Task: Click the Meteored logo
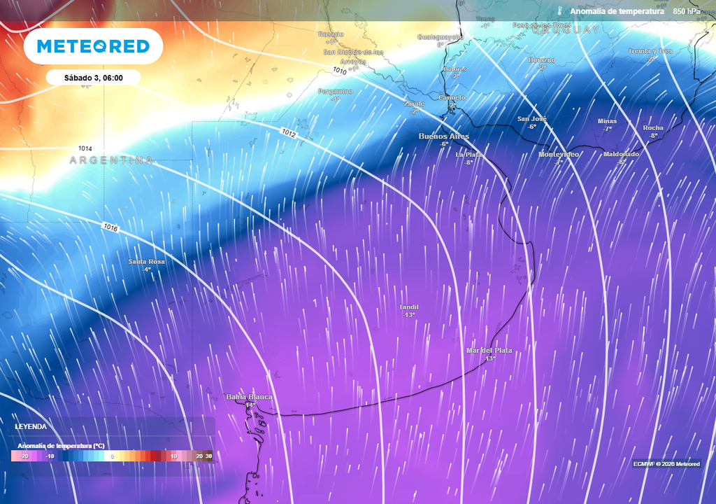(x=93, y=46)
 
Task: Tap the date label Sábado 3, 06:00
(x=94, y=78)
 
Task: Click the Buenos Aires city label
(x=443, y=136)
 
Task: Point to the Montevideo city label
(x=559, y=154)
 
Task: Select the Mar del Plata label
(x=489, y=350)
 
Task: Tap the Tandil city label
(x=409, y=307)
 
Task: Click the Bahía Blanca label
(x=249, y=398)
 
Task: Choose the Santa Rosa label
(x=147, y=262)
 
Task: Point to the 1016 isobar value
(x=110, y=227)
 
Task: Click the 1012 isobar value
(x=290, y=132)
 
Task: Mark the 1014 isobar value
(x=85, y=148)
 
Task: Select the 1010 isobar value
(x=340, y=71)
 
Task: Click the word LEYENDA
(x=31, y=426)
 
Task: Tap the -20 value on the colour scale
(x=24, y=456)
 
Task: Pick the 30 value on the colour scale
(x=209, y=456)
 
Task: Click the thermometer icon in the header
(x=561, y=11)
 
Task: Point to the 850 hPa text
(x=687, y=11)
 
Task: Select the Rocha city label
(x=653, y=128)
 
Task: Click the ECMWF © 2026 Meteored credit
(x=666, y=464)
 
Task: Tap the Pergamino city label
(x=336, y=92)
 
